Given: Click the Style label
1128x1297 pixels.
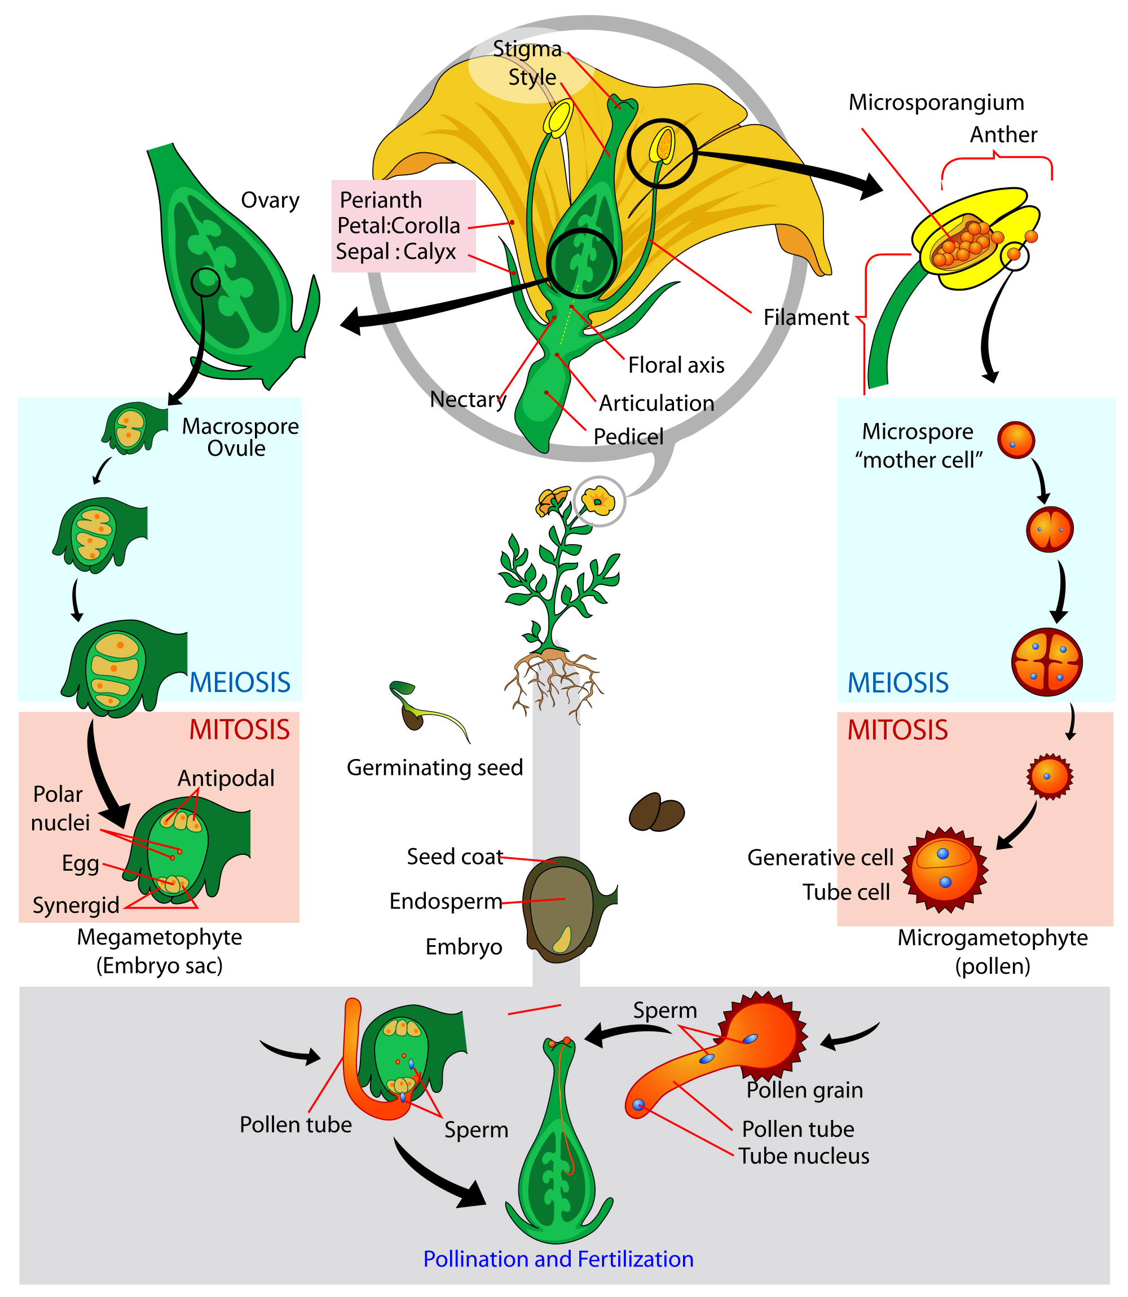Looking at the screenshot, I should (532, 77).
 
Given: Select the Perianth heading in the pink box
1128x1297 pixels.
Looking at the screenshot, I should (381, 200).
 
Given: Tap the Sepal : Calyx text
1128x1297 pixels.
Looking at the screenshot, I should (395, 252).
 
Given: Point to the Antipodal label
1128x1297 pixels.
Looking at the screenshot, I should (226, 778).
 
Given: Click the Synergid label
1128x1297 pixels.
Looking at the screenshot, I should (76, 906).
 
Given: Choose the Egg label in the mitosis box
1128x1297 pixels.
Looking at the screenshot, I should (80, 863).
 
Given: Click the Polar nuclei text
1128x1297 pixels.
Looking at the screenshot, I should (59, 809).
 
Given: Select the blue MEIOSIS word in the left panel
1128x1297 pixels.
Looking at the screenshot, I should (240, 683).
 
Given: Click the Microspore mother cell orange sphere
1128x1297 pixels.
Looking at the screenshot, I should (1016, 440).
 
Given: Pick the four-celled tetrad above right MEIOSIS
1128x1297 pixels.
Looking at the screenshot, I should (1046, 662).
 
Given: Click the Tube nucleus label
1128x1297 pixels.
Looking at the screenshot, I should (804, 1156).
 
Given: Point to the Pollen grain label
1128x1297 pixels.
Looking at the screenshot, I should (804, 1090).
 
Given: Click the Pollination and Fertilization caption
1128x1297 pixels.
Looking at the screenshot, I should (558, 1259).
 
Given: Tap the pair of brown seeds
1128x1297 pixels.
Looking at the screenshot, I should (656, 813).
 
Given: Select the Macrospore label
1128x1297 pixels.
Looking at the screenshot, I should (240, 426).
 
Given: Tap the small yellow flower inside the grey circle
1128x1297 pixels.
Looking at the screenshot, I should (598, 501).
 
